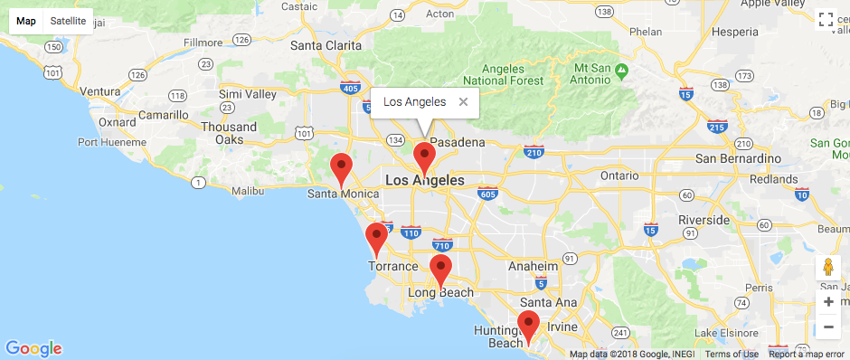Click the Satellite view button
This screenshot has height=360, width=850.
pos(68,21)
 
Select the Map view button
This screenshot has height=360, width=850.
pos(26,21)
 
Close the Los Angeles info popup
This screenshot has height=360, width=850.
pos(463,102)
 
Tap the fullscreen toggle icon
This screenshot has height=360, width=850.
pos(825,21)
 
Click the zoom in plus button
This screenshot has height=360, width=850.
pos(828,302)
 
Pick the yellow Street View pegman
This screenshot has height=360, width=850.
pos(828,268)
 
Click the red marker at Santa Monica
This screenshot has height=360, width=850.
pos(341,168)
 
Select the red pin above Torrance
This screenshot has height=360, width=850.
pos(376,238)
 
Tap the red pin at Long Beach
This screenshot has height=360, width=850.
pos(440,270)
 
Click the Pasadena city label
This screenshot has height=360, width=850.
pos(458,143)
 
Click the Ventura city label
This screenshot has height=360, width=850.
pos(99,91)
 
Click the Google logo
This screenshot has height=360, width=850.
pos(33,348)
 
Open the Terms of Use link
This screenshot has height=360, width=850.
pos(732,354)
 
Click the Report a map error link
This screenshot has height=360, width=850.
pos(807,354)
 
